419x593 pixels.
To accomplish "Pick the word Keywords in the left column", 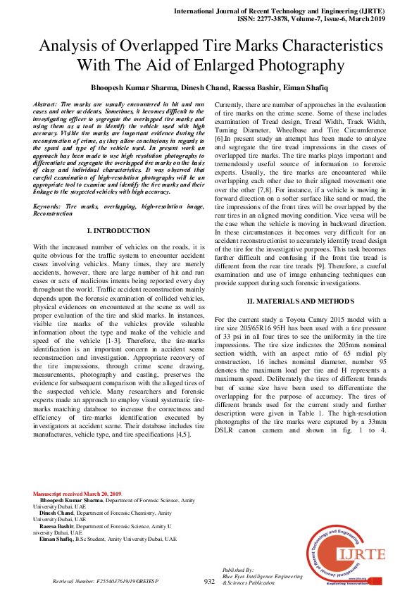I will (x=47, y=206).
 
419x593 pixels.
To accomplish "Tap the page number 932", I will (x=209, y=581).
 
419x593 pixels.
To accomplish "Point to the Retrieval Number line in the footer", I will (x=106, y=582).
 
